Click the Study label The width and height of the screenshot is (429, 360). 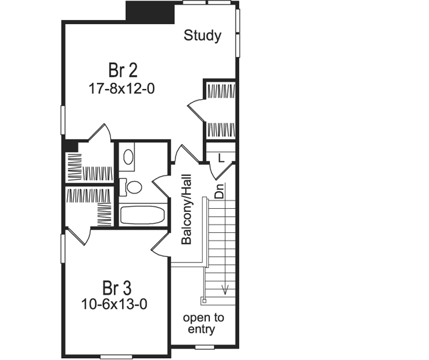tap(202, 36)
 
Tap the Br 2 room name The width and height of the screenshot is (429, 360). tap(122, 70)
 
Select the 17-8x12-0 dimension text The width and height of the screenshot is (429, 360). tap(122, 88)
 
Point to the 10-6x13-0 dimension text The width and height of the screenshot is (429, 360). tap(115, 304)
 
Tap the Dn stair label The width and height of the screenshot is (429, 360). tap(219, 191)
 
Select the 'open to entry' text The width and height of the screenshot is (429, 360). tap(203, 324)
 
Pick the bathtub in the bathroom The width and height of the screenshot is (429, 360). tap(142, 215)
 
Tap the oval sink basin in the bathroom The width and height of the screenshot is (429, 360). tap(129, 157)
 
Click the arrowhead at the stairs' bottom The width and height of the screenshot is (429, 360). tap(225, 290)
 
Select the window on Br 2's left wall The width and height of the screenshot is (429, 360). tap(62, 120)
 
